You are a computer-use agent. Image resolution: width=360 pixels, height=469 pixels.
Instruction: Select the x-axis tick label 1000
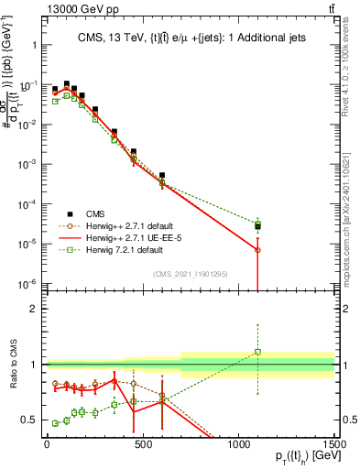238,442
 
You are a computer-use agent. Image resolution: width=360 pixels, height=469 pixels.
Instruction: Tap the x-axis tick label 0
47,442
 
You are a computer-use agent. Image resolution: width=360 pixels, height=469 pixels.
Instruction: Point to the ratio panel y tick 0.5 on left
28,420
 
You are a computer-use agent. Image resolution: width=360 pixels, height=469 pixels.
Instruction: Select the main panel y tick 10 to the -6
27,283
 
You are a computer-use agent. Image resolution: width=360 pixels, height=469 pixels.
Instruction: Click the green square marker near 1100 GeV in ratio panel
258,351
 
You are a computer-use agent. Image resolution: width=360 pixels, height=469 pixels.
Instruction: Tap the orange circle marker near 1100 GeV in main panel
258,250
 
